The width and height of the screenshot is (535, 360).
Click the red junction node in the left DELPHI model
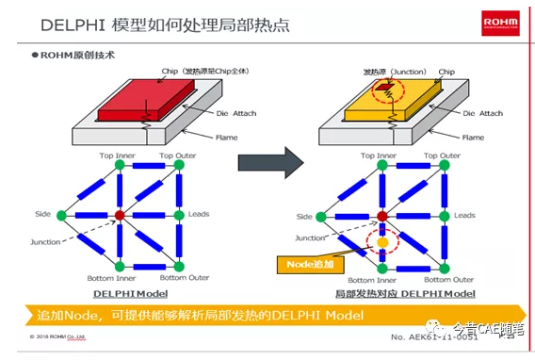pyautogui.click(x=120, y=216)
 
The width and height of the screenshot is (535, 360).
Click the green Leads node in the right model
pyautogui.click(x=439, y=216)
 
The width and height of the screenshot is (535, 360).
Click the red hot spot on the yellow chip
pyautogui.click(x=384, y=90)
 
